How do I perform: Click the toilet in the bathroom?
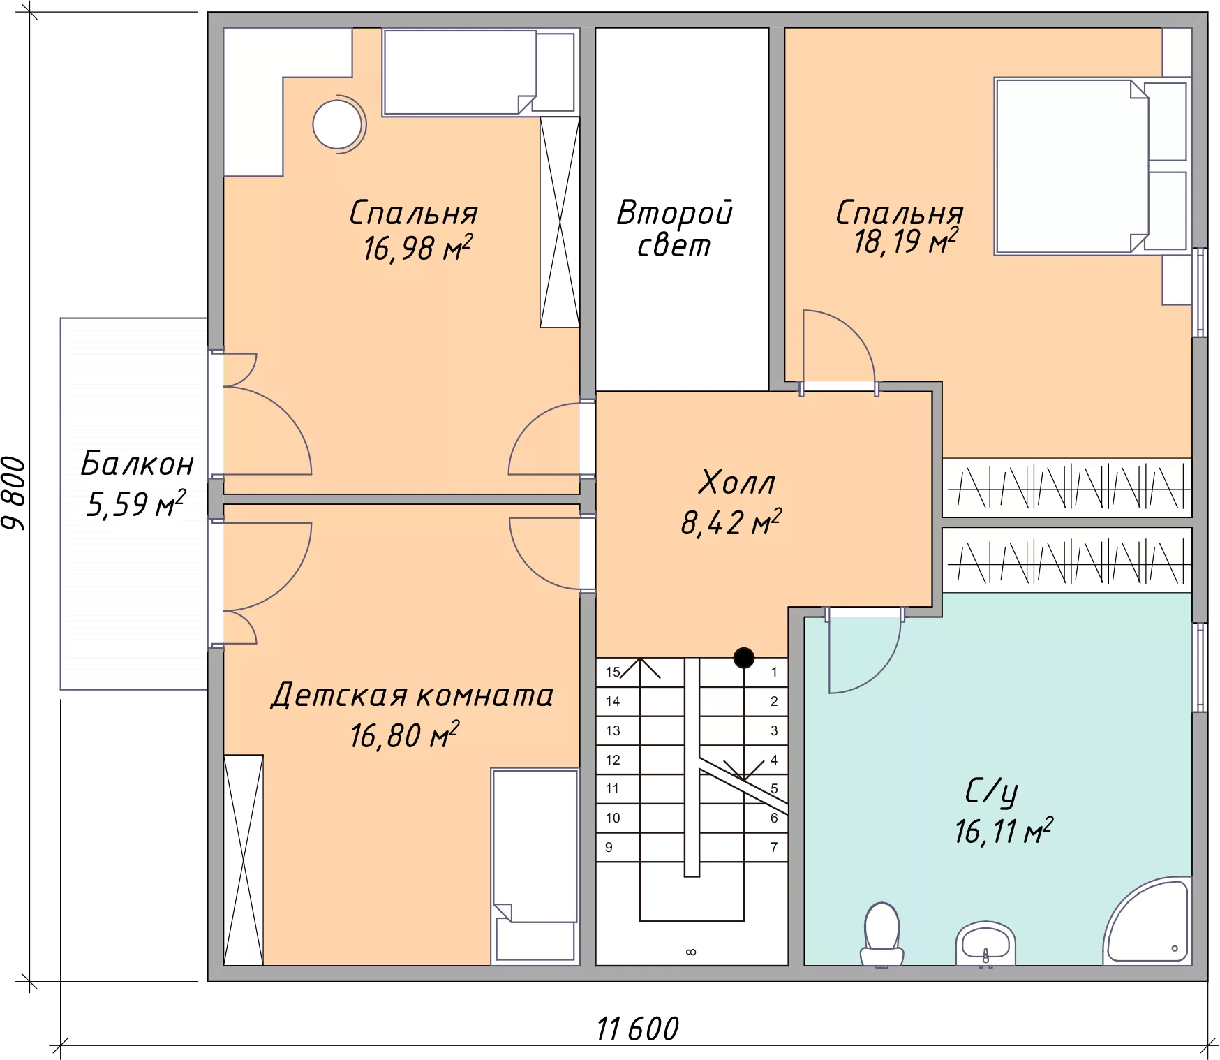click(881, 934)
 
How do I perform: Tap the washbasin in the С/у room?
click(985, 943)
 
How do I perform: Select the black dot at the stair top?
click(744, 657)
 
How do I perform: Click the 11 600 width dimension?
click(637, 1029)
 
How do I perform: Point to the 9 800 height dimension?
click(14, 494)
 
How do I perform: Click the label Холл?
click(737, 483)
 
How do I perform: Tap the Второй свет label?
click(674, 228)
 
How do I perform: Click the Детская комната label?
click(412, 695)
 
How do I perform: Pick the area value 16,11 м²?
click(1004, 831)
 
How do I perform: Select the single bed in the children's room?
click(535, 867)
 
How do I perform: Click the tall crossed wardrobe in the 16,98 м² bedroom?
click(560, 222)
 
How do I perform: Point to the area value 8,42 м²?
click(731, 522)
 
